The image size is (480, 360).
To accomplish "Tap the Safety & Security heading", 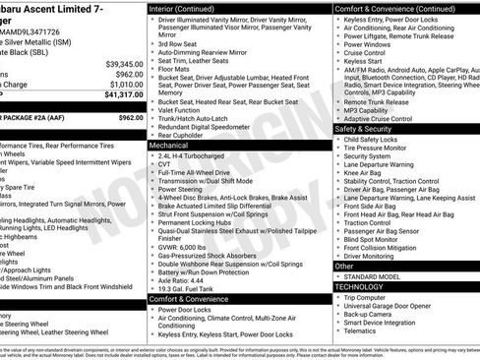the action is pyautogui.click(x=368, y=129).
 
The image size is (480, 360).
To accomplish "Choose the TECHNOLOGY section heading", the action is pyautogui.click(x=360, y=285).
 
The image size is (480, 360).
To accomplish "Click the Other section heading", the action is pyautogui.click(x=344, y=266).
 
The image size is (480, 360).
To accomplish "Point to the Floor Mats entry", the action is pyautogui.click(x=178, y=69).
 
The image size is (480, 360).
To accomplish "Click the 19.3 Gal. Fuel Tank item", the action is pyautogui.click(x=190, y=289).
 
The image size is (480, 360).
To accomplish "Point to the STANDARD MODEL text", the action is pyautogui.click(x=375, y=275).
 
